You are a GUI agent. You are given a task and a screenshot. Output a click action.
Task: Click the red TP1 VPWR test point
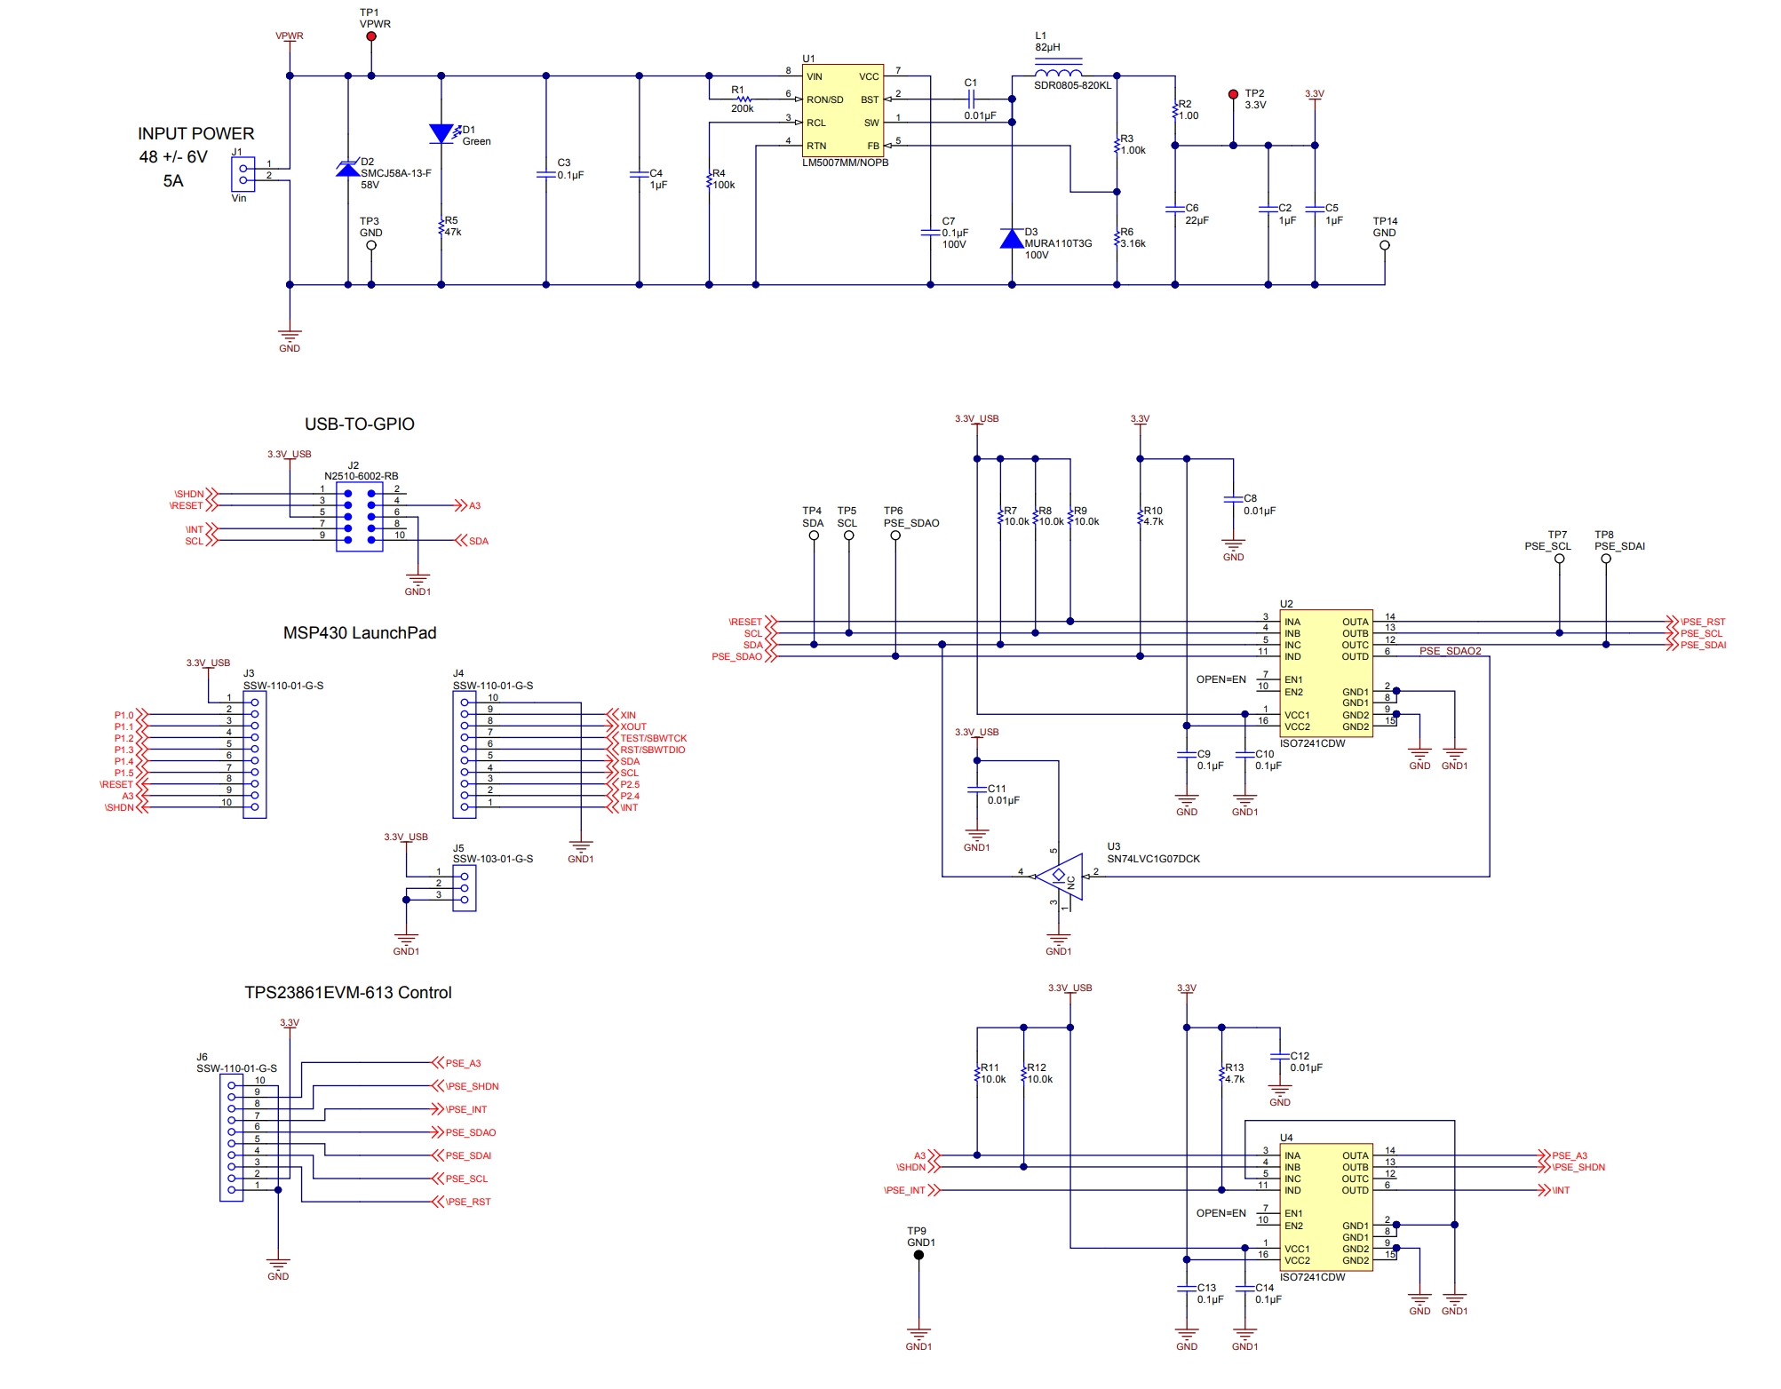point(371,36)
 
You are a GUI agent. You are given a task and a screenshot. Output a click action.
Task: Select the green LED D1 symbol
point(441,134)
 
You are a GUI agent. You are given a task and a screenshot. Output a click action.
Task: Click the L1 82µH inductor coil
point(1058,73)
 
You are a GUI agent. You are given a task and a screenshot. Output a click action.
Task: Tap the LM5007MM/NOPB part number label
point(845,163)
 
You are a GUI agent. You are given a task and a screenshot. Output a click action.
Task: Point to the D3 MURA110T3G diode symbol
point(1012,239)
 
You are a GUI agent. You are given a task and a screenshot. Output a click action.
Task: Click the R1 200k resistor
point(743,99)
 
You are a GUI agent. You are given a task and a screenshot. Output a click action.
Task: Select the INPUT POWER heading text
point(195,133)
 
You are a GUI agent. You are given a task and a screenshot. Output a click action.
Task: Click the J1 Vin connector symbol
point(243,174)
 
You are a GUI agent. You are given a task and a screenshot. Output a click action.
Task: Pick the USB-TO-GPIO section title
point(359,425)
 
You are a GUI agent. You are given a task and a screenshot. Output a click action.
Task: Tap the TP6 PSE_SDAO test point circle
point(895,536)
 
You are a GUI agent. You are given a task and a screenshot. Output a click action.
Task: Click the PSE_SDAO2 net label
point(1450,651)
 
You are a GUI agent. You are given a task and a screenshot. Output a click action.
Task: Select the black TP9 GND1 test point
point(918,1255)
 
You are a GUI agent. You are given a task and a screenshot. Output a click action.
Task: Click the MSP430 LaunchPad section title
point(359,633)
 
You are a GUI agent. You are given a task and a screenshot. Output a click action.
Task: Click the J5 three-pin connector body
point(464,888)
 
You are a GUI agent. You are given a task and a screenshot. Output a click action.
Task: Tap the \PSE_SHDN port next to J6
point(471,1086)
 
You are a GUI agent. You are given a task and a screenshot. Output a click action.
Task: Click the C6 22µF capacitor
point(1175,210)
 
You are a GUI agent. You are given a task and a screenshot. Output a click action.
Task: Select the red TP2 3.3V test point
point(1233,94)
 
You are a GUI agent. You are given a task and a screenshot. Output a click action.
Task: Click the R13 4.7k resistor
point(1222,1075)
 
